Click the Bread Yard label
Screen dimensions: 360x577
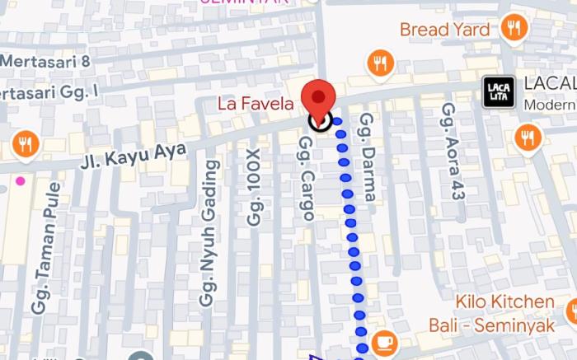(444, 30)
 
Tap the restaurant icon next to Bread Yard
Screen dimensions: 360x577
(514, 28)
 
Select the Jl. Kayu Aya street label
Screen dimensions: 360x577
(134, 153)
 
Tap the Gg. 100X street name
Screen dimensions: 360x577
(254, 187)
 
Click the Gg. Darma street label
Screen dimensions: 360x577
(368, 157)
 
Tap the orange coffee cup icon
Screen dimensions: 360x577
(384, 341)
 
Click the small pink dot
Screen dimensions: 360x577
(20, 180)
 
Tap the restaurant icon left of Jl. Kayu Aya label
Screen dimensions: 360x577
(26, 146)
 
